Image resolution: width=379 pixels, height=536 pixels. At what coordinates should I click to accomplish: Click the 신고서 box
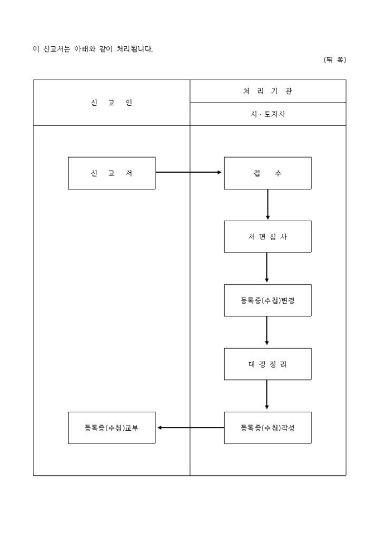coord(111,173)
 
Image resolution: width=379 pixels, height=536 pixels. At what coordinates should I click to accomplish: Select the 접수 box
coord(268,173)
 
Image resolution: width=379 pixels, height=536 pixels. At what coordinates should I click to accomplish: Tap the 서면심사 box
coord(268,237)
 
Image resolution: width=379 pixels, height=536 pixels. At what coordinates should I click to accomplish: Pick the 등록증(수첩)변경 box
coord(268,300)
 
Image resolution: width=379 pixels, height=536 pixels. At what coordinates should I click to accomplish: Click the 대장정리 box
coord(268,364)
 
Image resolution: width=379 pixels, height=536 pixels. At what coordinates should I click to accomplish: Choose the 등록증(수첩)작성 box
coord(268,428)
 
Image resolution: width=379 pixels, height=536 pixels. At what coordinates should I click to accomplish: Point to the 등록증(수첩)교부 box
coord(111,428)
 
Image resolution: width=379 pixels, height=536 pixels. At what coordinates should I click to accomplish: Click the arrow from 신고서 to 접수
coord(189,173)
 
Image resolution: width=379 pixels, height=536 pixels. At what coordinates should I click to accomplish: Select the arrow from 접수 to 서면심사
coord(268,205)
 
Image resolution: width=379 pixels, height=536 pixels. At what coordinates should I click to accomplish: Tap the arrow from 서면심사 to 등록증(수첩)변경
coord(268,269)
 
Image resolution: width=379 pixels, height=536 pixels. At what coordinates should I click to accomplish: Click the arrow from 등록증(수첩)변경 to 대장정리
coord(268,332)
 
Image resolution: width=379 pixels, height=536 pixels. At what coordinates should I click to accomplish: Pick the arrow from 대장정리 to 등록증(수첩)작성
coord(268,396)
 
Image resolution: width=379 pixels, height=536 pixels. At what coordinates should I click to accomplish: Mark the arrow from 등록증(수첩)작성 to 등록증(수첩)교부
coord(189,428)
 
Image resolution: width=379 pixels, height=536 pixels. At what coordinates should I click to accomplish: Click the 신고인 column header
coord(111,103)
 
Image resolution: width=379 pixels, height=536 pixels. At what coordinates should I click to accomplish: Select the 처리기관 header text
coord(268,91)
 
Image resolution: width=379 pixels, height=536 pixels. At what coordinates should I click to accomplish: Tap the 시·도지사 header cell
coord(268,115)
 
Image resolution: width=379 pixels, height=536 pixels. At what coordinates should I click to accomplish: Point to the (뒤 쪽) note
coord(334,60)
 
